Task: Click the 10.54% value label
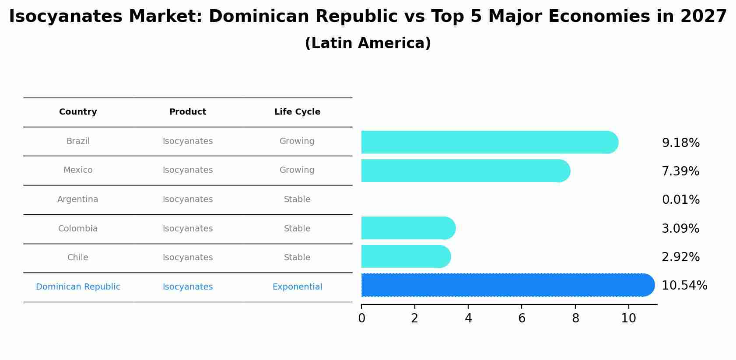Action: [x=684, y=286]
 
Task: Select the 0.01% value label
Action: [x=680, y=200]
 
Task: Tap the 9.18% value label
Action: [x=680, y=143]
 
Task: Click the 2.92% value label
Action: [x=680, y=257]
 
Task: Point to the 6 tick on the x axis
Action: [x=522, y=318]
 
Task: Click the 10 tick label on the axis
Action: [x=628, y=318]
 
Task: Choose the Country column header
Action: [x=78, y=112]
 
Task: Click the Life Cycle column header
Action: [x=297, y=112]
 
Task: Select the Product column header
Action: [x=188, y=112]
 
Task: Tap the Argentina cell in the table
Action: [x=78, y=199]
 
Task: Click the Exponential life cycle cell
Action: [x=297, y=287]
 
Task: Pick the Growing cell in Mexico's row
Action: [x=297, y=170]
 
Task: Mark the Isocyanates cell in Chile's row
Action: [x=188, y=258]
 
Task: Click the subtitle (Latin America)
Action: [x=368, y=43]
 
